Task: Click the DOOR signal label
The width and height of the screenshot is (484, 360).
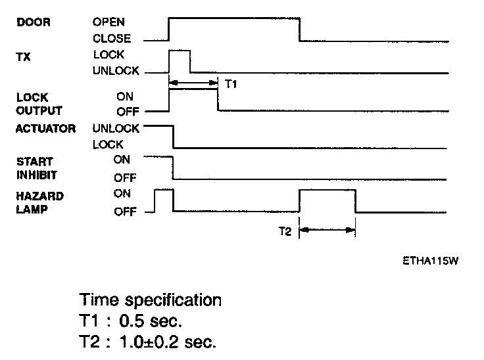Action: (32, 22)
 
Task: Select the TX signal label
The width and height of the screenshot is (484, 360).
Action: (22, 56)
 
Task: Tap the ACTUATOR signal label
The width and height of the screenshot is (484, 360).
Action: (45, 128)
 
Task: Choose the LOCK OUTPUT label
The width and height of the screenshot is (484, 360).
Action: (38, 104)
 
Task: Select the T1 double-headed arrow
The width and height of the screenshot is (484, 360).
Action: (193, 83)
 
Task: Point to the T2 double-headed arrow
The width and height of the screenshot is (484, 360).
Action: (327, 230)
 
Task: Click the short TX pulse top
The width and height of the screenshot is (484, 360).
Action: (180, 50)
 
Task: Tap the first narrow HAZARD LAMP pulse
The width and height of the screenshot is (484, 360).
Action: (163, 190)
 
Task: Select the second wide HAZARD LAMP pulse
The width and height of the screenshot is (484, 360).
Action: (327, 191)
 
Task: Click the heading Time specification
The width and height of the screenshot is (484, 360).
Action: (151, 301)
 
